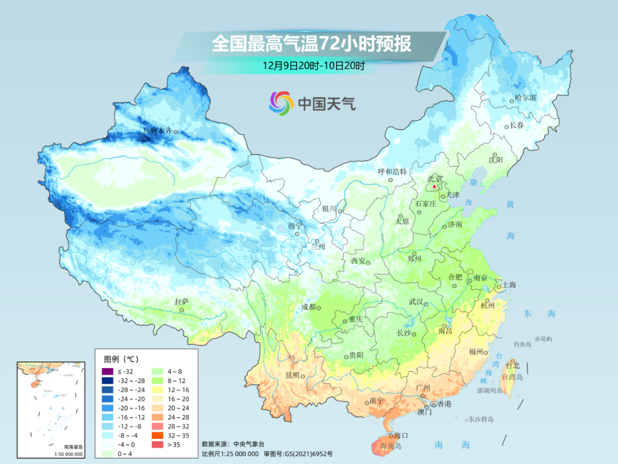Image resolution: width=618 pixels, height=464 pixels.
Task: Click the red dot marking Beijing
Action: tap(434, 187)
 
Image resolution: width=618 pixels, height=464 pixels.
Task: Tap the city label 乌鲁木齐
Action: tap(157, 131)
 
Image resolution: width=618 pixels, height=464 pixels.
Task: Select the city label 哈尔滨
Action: tap(525, 98)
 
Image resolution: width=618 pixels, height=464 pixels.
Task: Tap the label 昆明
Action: tap(292, 375)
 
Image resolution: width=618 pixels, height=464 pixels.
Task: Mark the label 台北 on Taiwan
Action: tap(512, 365)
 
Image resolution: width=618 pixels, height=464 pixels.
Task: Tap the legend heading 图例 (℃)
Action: tap(121, 359)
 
